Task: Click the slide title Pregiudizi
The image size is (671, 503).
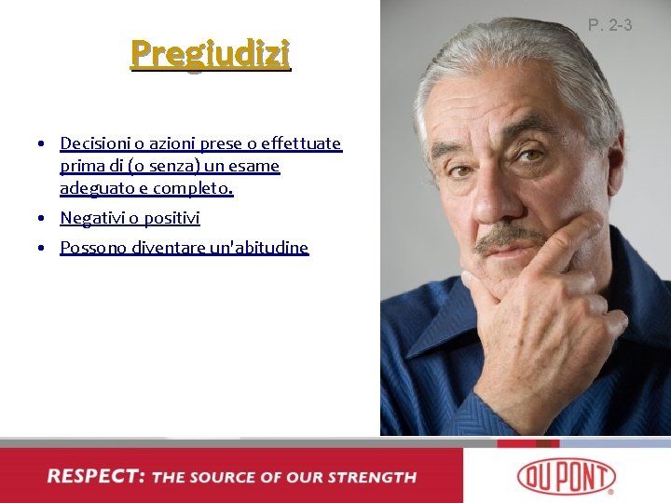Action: pos(211,54)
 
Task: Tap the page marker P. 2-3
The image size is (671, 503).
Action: pos(610,25)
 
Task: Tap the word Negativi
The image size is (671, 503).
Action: pos(91,218)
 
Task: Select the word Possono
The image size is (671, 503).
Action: pos(91,248)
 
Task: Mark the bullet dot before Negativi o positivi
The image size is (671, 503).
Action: pos(43,219)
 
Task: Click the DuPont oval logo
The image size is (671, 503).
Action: pos(566,475)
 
